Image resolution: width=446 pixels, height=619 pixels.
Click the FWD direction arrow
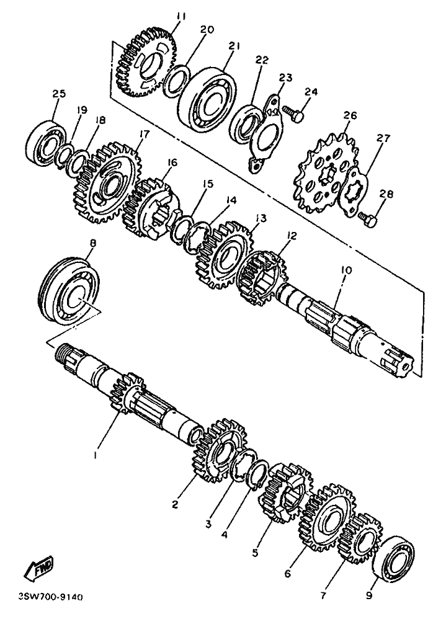click(x=38, y=568)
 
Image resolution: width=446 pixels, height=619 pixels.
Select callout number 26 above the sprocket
click(x=350, y=115)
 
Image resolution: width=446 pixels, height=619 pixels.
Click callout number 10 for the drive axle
click(x=347, y=271)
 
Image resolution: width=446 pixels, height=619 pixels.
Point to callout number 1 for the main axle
click(x=95, y=455)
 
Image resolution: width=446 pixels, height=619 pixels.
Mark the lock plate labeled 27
click(x=354, y=192)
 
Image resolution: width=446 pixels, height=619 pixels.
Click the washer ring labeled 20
click(x=177, y=81)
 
